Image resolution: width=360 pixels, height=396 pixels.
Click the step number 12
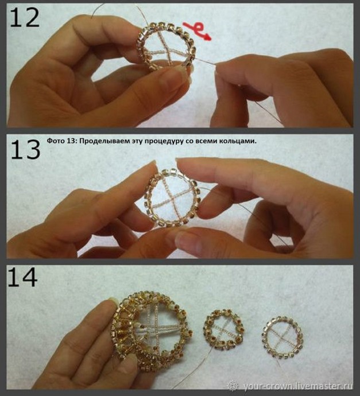[x=25, y=17]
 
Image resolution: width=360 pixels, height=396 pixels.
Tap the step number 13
[x=25, y=150]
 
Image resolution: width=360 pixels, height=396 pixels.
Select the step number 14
[x=23, y=277]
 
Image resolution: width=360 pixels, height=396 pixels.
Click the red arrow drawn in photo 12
[x=197, y=31]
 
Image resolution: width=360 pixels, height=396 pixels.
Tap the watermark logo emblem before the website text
[x=233, y=386]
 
